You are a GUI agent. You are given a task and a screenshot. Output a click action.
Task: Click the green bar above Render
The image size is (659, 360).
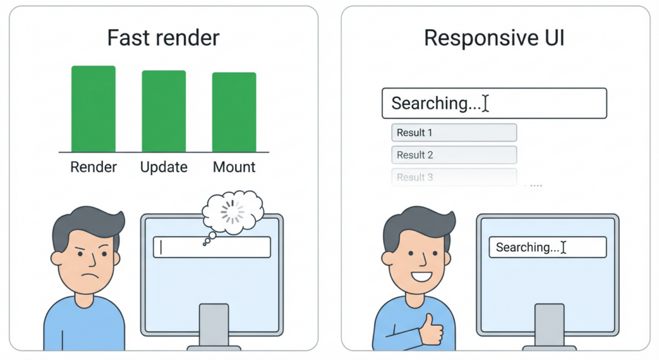pyautogui.click(x=93, y=109)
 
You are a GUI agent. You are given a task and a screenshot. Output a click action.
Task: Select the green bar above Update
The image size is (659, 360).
pyautogui.click(x=163, y=111)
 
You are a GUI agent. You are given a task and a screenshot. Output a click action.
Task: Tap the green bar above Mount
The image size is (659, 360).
pyautogui.click(x=234, y=112)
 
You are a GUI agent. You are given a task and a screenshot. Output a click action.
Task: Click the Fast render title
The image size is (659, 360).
pyautogui.click(x=163, y=38)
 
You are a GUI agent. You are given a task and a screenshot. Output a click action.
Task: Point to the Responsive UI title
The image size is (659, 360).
pyautogui.click(x=494, y=38)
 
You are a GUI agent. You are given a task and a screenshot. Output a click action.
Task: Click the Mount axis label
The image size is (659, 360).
pyautogui.click(x=234, y=167)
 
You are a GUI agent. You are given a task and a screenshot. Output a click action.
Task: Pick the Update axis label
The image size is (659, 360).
pyautogui.click(x=163, y=167)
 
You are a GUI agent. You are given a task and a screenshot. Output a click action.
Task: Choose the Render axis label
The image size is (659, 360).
pyautogui.click(x=93, y=167)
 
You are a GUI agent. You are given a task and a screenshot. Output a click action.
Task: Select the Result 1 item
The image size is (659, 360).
pyautogui.click(x=454, y=133)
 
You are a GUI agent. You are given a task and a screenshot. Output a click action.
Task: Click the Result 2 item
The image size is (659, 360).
pyautogui.click(x=454, y=155)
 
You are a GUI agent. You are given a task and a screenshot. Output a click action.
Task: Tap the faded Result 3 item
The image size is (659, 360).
pyautogui.click(x=454, y=177)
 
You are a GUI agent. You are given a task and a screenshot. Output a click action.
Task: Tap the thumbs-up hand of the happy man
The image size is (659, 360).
pyautogui.click(x=429, y=328)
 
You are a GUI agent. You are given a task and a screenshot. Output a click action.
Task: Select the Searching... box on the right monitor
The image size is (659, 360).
pyautogui.click(x=547, y=247)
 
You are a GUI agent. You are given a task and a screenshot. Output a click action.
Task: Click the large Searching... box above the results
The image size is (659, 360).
pyautogui.click(x=494, y=104)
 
